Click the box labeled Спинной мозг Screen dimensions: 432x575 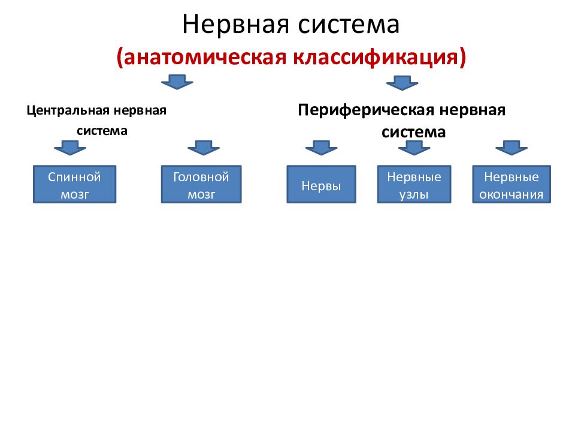[x=74, y=185]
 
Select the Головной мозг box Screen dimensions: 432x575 [x=201, y=185]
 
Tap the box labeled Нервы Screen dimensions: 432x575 [x=322, y=185]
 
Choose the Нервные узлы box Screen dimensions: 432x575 [x=414, y=185]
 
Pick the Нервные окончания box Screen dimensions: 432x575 [x=511, y=185]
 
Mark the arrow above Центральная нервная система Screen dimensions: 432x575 [x=177, y=82]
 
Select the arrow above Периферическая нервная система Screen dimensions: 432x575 [x=402, y=82]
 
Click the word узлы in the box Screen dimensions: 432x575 [x=414, y=194]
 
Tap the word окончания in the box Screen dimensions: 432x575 [x=511, y=194]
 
